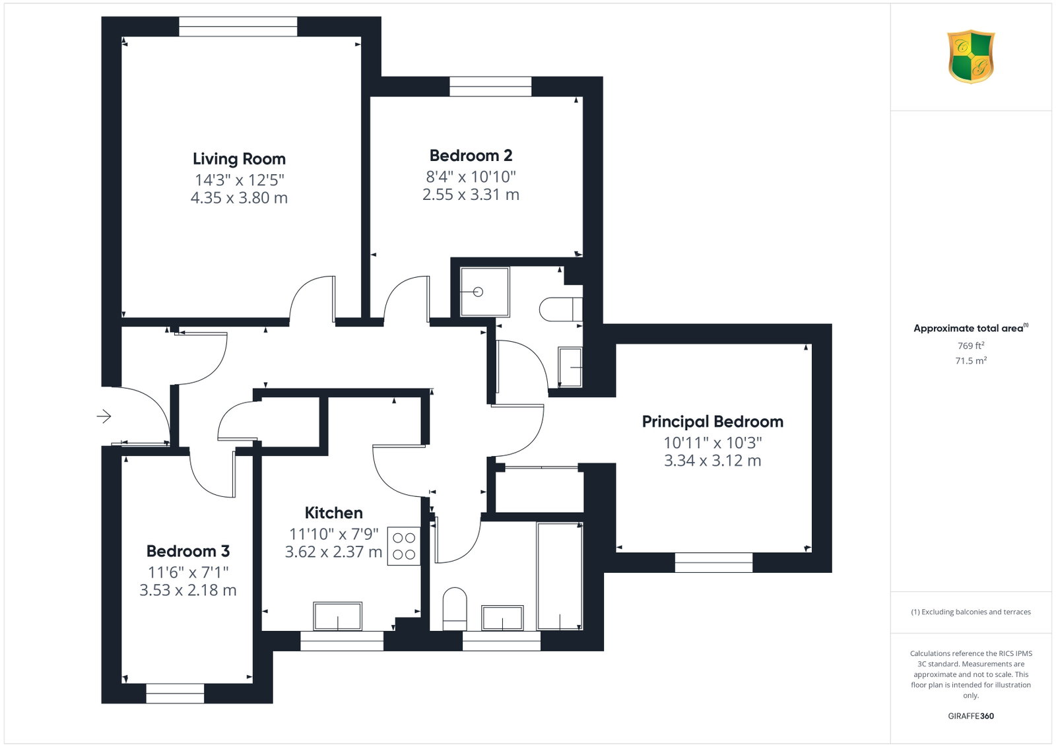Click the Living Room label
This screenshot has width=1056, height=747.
[x=239, y=159]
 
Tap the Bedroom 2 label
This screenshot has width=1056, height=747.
[x=471, y=155]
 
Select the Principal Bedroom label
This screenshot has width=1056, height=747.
[x=712, y=421]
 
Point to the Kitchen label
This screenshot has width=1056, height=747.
[x=333, y=512]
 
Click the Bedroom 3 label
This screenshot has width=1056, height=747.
[x=187, y=550]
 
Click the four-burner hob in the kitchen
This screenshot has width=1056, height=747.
[x=403, y=546]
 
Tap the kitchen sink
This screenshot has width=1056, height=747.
[x=337, y=616]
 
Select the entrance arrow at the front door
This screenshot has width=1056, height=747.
[x=104, y=416]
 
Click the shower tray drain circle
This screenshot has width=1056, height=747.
[x=478, y=292]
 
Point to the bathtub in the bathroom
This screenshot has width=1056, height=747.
[x=560, y=576]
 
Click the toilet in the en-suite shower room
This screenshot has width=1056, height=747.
[x=560, y=309]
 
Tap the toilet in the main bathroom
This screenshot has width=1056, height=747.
[x=455, y=608]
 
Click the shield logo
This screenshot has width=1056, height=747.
[x=971, y=57]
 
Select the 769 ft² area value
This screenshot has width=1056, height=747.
[x=971, y=346]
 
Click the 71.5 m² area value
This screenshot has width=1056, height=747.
[x=971, y=360]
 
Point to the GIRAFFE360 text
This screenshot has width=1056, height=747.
[x=971, y=716]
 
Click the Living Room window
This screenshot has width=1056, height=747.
[x=238, y=26]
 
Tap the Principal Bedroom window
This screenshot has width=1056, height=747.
[x=713, y=562]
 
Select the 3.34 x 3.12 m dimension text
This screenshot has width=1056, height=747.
[x=712, y=460]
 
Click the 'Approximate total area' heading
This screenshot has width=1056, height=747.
[x=971, y=328]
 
